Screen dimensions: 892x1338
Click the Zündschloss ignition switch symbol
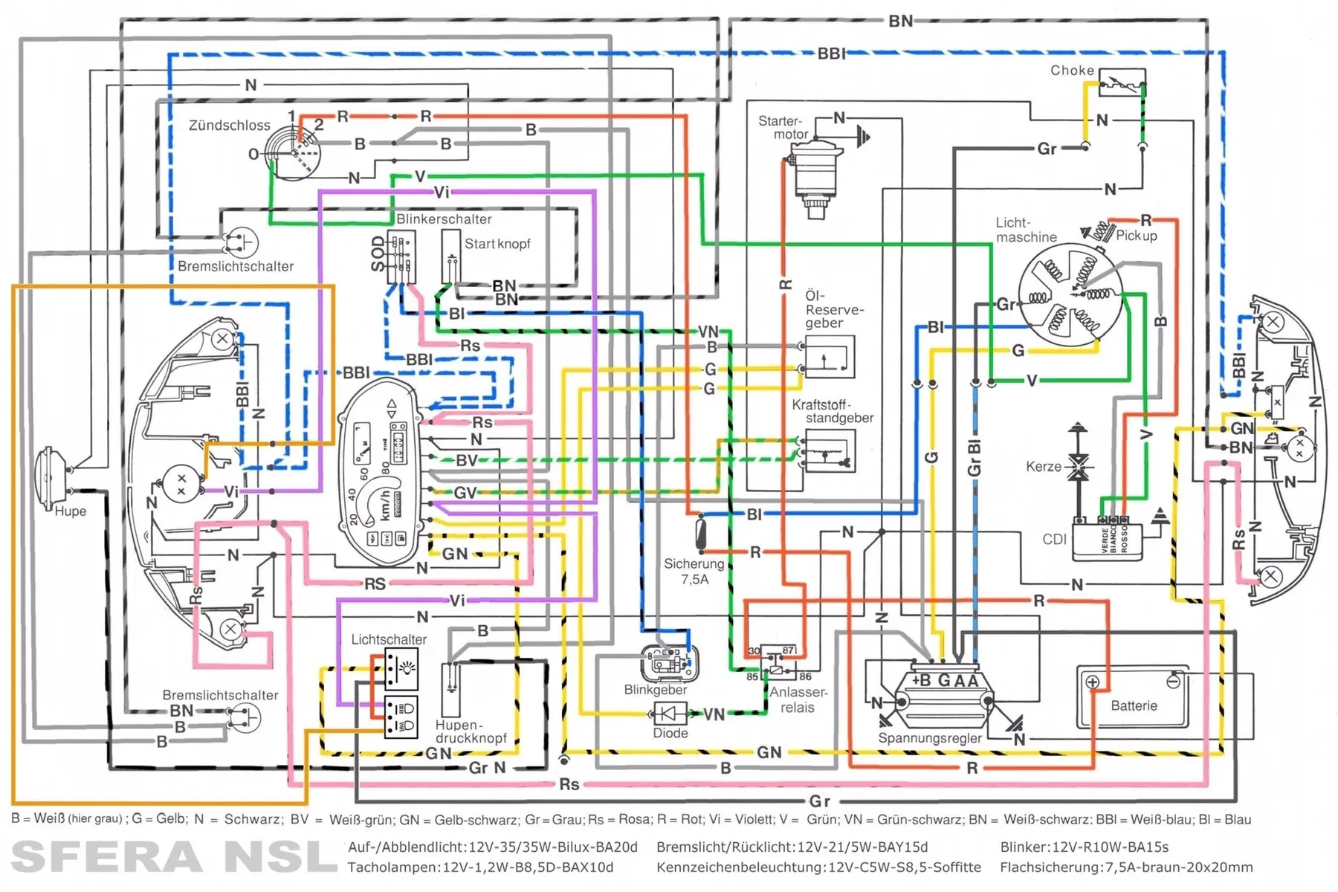296,152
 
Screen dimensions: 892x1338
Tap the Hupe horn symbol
54,472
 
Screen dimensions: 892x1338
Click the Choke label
1072,71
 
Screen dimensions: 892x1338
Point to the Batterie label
1134,705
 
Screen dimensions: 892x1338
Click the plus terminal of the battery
1092,682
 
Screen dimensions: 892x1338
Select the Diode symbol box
669,714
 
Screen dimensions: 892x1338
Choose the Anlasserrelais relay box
778,662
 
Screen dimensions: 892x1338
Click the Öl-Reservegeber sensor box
829,357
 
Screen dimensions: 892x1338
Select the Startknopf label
497,244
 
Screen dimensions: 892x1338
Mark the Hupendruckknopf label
471,731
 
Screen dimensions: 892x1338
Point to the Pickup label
1137,236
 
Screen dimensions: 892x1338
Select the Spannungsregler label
929,738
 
